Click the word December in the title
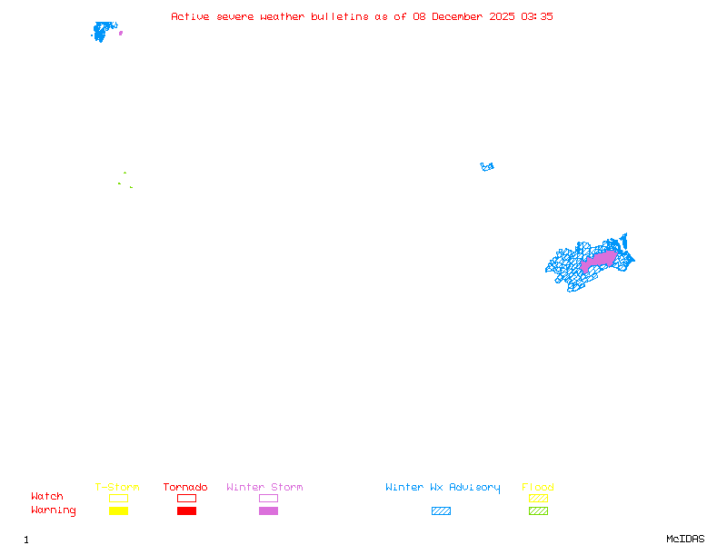(x=457, y=16)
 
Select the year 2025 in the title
(x=502, y=16)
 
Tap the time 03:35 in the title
(x=537, y=16)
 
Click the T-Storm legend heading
(x=117, y=487)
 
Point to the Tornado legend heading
(x=185, y=487)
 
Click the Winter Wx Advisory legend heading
(x=443, y=488)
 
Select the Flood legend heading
(x=538, y=487)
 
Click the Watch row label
(x=47, y=496)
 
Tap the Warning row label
(x=54, y=510)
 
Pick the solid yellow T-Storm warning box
(x=119, y=510)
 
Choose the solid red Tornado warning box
(x=187, y=510)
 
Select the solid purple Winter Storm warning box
(x=268, y=510)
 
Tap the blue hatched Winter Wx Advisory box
(x=441, y=510)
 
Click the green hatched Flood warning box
(x=538, y=510)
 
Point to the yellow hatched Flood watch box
(x=538, y=498)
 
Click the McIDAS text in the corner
(x=685, y=539)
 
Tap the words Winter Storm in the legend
(x=264, y=487)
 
